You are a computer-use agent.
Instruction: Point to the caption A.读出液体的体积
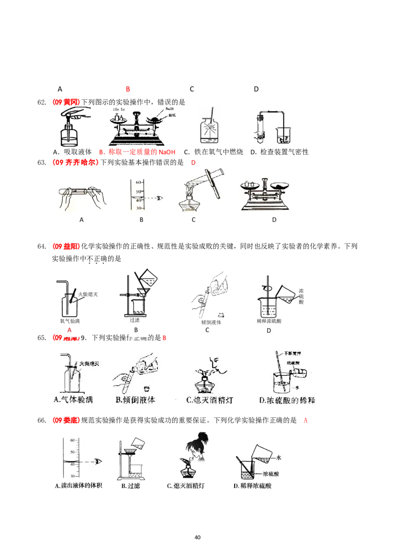click(x=79, y=486)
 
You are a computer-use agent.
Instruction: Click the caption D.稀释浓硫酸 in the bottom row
click(x=253, y=486)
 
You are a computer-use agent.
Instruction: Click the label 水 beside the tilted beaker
click(x=279, y=458)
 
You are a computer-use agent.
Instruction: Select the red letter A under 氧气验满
click(x=69, y=329)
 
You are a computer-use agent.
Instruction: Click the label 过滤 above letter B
click(x=127, y=319)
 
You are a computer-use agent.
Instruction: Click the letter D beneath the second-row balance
click(x=274, y=220)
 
